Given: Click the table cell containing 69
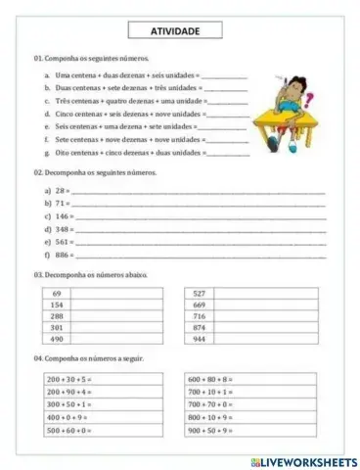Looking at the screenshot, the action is [x=57, y=294].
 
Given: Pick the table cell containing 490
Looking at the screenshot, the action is [x=57, y=339].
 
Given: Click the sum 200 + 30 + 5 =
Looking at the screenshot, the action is [x=69, y=378].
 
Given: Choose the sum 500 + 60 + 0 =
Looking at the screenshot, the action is [x=69, y=431].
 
